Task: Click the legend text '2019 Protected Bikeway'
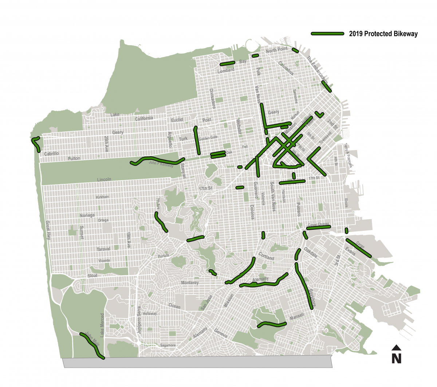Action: click(x=383, y=34)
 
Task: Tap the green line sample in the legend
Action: click(x=327, y=33)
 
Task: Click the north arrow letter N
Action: click(x=396, y=359)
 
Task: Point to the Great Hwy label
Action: click(x=48, y=230)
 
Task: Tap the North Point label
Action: click(x=276, y=50)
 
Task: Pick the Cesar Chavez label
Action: click(x=318, y=225)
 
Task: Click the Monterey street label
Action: click(x=190, y=283)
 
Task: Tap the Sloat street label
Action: click(x=92, y=276)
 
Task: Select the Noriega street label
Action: click(x=87, y=216)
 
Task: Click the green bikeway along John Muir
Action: click(x=92, y=345)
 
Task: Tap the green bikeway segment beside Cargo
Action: click(x=358, y=248)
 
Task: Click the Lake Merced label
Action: click(x=102, y=324)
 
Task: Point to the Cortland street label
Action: click(x=266, y=256)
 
